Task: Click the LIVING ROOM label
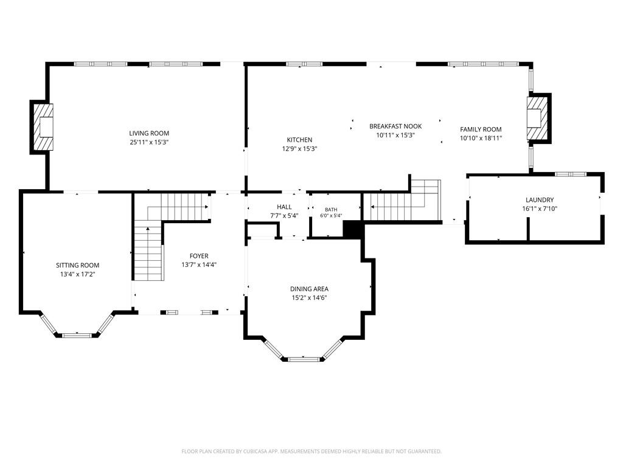149,133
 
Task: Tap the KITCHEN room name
299,140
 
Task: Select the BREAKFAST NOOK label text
395,126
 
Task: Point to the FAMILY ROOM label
481,130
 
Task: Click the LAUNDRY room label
540,200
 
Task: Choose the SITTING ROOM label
77,265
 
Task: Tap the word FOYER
199,256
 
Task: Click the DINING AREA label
309,289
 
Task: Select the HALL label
284,207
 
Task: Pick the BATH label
331,210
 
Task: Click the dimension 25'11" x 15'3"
149,142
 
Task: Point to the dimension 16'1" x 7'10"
540,209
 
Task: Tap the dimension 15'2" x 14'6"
309,298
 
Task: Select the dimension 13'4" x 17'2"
77,274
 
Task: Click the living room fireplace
42,127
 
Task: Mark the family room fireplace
539,118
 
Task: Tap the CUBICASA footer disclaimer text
311,452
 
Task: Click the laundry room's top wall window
570,174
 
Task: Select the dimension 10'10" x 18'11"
481,138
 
